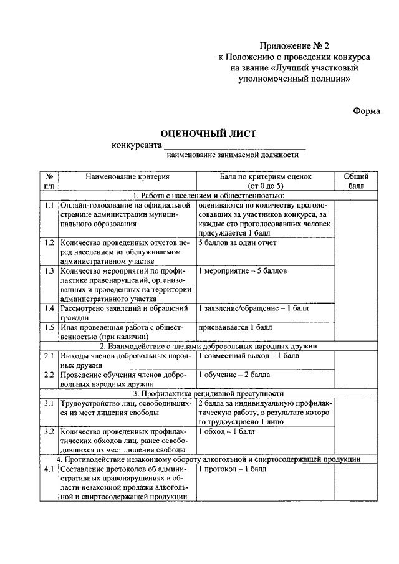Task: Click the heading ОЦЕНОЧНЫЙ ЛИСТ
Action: [208, 133]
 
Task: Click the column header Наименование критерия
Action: [127, 177]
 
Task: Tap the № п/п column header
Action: [49, 181]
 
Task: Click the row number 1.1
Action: [49, 205]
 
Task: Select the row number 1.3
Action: [49, 271]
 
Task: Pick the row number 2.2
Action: [49, 375]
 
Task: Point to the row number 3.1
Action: [49, 404]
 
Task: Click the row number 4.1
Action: [49, 469]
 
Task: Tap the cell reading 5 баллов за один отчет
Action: [237, 243]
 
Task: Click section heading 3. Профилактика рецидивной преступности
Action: [208, 394]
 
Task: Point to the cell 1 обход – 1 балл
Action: [226, 431]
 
